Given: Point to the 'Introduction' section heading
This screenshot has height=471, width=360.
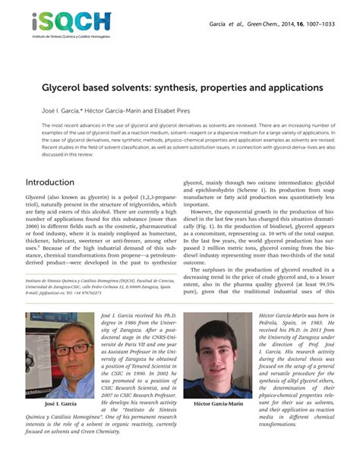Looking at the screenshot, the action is click(50, 183).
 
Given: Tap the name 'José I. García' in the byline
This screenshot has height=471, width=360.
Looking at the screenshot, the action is click(49, 111).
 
